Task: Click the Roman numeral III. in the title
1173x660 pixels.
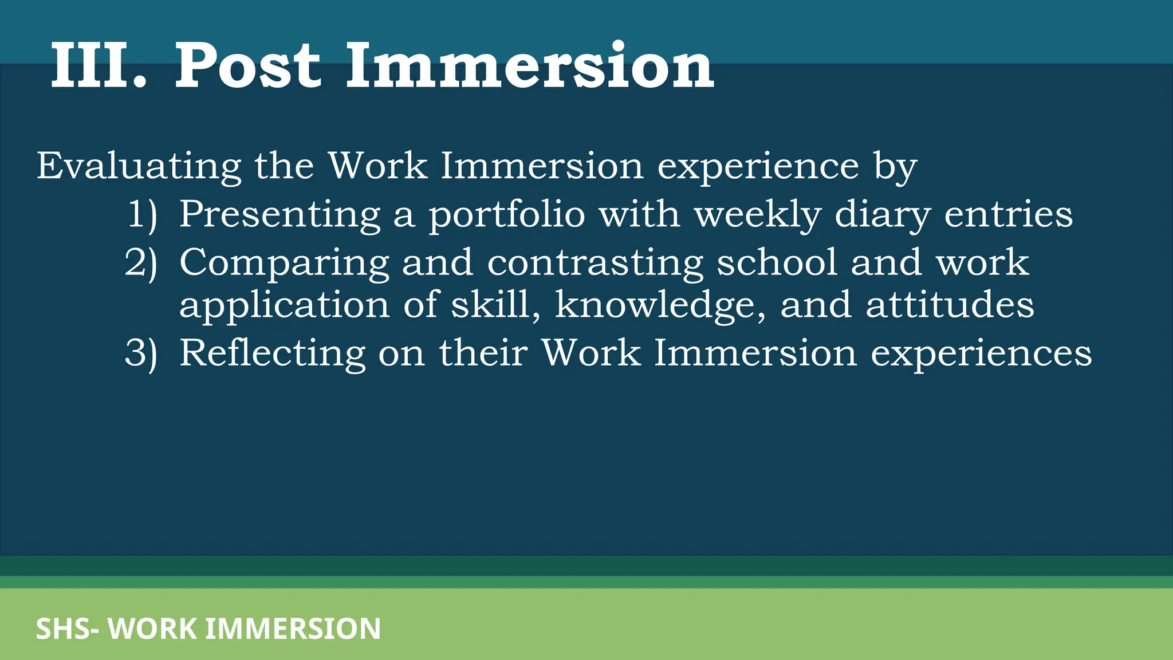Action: pyautogui.click(x=99, y=66)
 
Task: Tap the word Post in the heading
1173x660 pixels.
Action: pyautogui.click(x=247, y=66)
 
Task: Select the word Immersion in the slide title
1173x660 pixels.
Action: pyautogui.click(x=530, y=66)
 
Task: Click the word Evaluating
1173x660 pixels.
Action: pyautogui.click(x=139, y=166)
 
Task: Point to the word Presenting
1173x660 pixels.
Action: pyautogui.click(x=280, y=214)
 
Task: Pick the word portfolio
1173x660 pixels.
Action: pyautogui.click(x=507, y=215)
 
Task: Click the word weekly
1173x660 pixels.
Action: pyautogui.click(x=757, y=215)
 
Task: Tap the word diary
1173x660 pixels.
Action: pyautogui.click(x=882, y=215)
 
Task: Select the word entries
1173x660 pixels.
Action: pyautogui.click(x=1008, y=214)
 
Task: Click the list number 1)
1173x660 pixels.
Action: pyautogui.click(x=141, y=215)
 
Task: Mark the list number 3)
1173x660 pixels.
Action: pyautogui.click(x=141, y=353)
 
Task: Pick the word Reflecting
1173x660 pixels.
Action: pyautogui.click(x=272, y=353)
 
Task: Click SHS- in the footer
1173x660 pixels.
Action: pyautogui.click(x=68, y=628)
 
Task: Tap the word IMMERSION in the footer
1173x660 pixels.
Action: pyautogui.click(x=293, y=628)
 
